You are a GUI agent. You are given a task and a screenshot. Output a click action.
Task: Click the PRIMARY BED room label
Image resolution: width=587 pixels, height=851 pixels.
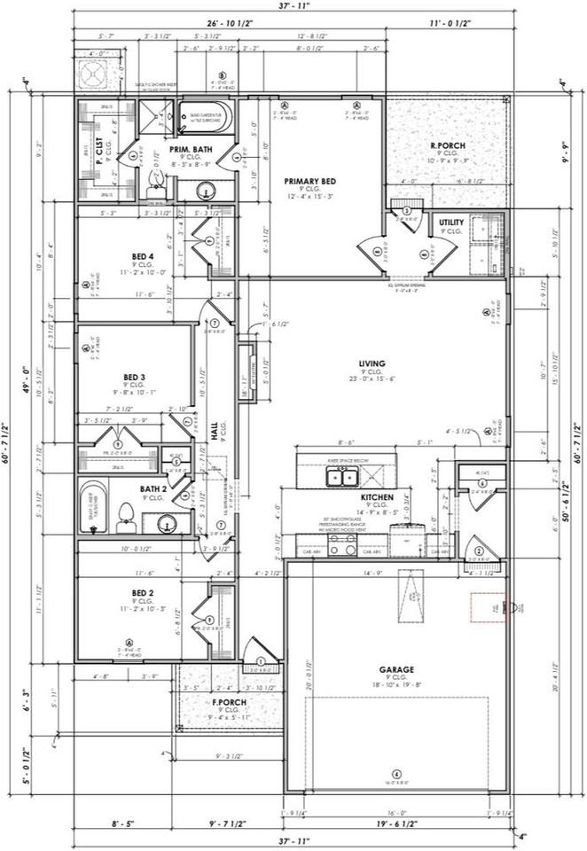(307, 181)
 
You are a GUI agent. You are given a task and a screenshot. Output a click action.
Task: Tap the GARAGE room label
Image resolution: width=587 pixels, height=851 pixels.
(398, 670)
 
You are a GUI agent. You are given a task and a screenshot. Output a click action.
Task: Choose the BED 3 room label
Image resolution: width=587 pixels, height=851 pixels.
(135, 377)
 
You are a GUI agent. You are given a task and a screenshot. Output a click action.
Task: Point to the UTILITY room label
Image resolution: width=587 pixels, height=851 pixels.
(450, 223)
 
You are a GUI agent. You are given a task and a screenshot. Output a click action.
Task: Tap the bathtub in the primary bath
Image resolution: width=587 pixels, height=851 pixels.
(205, 117)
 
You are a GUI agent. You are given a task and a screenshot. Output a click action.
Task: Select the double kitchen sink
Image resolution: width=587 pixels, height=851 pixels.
(340, 478)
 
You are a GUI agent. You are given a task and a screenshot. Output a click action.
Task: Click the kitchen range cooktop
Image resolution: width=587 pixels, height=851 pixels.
(342, 544)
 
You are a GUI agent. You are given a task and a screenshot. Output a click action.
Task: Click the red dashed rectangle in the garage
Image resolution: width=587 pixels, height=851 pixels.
(487, 607)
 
